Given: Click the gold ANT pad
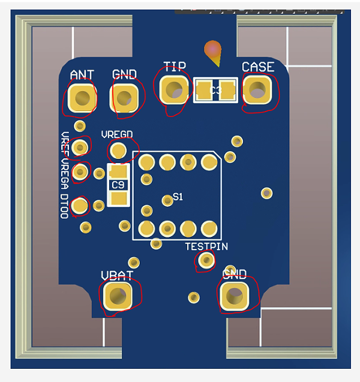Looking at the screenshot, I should (82, 98).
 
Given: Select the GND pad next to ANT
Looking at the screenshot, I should (125, 98).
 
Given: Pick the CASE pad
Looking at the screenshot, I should (258, 91).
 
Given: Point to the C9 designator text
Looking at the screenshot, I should (118, 185).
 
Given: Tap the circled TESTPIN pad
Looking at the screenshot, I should (206, 260).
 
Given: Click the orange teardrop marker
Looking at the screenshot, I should (212, 52).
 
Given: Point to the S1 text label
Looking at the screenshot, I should (178, 197).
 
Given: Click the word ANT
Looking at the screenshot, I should (82, 75).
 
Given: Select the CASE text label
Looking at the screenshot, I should (258, 67).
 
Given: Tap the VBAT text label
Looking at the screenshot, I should (117, 275).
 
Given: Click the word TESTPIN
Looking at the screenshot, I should (206, 246).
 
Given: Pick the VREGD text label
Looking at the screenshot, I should (117, 134).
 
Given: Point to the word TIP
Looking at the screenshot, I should (175, 66).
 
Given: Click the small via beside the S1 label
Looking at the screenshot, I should (167, 199).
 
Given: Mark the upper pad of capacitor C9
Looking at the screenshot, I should (118, 172).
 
